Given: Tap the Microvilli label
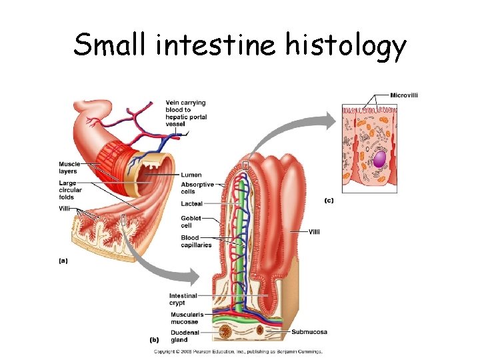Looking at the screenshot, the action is [x=404, y=95].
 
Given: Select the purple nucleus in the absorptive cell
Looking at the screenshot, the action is [x=379, y=159].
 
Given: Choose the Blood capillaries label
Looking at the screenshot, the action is [x=195, y=241].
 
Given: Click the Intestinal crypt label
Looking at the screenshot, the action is [x=183, y=299].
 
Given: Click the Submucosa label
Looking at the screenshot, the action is [x=309, y=332].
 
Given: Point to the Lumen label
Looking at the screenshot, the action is [x=191, y=175].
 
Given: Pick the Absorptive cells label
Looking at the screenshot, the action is [x=197, y=188].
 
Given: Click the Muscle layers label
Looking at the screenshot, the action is [x=69, y=167].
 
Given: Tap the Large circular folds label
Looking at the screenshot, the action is [x=70, y=190].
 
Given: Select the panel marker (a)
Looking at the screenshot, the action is [x=63, y=261].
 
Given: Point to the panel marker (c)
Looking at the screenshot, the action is [x=329, y=200].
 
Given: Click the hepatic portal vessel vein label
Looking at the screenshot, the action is [x=186, y=113].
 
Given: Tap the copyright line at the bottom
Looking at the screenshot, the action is [x=238, y=351].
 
